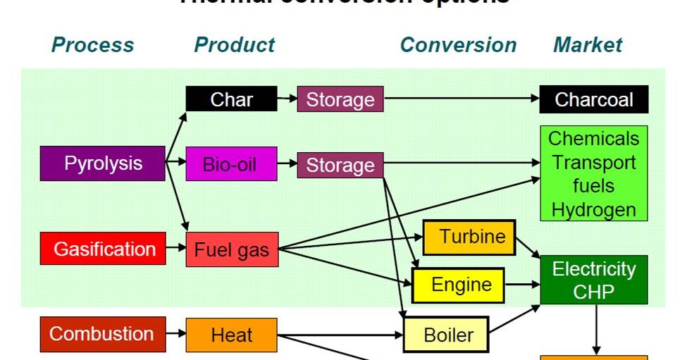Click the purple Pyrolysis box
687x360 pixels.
[103, 163]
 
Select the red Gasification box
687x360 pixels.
[103, 249]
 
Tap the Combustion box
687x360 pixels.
[103, 334]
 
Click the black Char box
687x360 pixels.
[231, 99]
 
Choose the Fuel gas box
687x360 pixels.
[232, 250]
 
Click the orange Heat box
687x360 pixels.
[231, 335]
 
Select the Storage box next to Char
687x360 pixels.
[340, 99]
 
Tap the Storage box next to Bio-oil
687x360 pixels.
[340, 165]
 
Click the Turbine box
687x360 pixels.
[469, 237]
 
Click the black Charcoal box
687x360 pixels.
[593, 99]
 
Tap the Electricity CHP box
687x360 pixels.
[593, 280]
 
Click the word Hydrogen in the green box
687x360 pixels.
[593, 210]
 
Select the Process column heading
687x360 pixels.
[92, 45]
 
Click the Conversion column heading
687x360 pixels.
[458, 45]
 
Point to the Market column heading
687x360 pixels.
[588, 45]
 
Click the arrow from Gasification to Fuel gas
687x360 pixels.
[175, 249]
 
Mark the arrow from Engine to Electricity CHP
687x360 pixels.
[522, 285]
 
